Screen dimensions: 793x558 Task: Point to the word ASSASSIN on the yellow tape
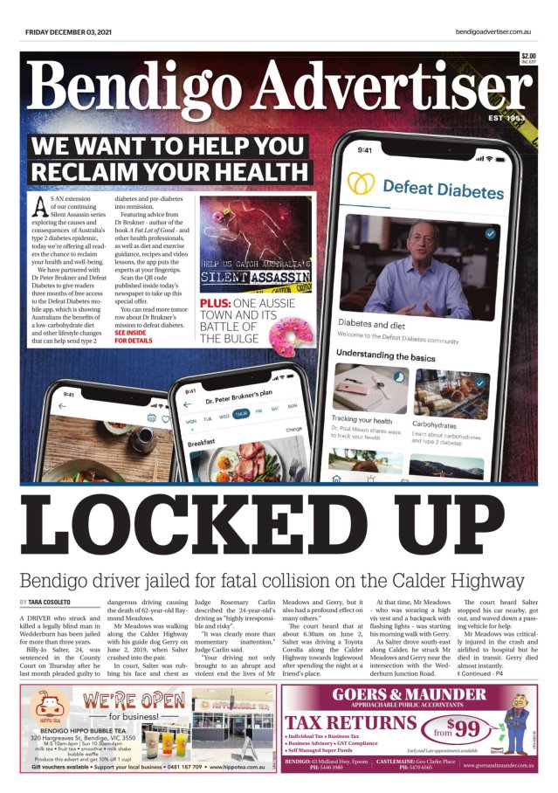click(x=281, y=279)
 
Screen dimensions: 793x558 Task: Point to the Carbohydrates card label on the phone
click(x=438, y=423)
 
